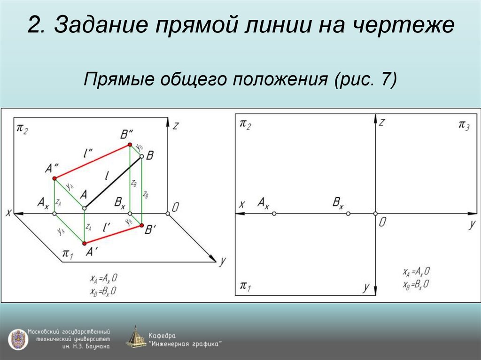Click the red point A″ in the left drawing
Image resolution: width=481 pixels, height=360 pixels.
[x=54, y=178]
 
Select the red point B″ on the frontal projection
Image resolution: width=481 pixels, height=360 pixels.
[x=131, y=146]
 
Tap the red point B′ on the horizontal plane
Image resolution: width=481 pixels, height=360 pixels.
[x=141, y=226]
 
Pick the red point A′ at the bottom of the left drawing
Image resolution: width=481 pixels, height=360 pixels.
[x=85, y=243]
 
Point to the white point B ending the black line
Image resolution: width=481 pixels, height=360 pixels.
[x=141, y=157]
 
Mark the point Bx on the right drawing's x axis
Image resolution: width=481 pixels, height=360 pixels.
[x=348, y=214]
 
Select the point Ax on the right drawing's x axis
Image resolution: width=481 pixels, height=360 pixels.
[x=274, y=214]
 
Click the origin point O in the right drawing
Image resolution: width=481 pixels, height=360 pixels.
[x=375, y=214]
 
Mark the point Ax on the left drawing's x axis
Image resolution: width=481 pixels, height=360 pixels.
[x=54, y=214]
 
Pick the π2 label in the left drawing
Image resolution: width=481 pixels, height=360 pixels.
[x=22, y=129]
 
